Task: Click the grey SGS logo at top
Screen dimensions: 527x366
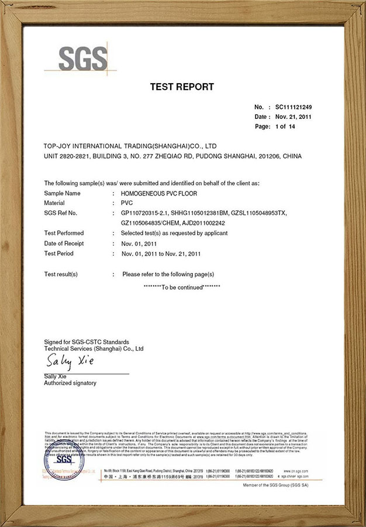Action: [84, 58]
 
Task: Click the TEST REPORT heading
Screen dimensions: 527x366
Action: [182, 87]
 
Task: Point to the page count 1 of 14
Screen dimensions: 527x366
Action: [285, 126]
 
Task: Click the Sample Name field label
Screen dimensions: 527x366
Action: [63, 193]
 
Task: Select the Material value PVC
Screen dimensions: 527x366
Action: [127, 203]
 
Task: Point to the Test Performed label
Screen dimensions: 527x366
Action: [64, 233]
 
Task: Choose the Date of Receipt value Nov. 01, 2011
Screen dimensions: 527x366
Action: [139, 243]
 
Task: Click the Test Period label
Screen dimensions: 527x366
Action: [58, 254]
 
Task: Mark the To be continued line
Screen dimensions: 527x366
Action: [182, 288]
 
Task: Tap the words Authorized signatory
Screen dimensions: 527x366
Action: [70, 383]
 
